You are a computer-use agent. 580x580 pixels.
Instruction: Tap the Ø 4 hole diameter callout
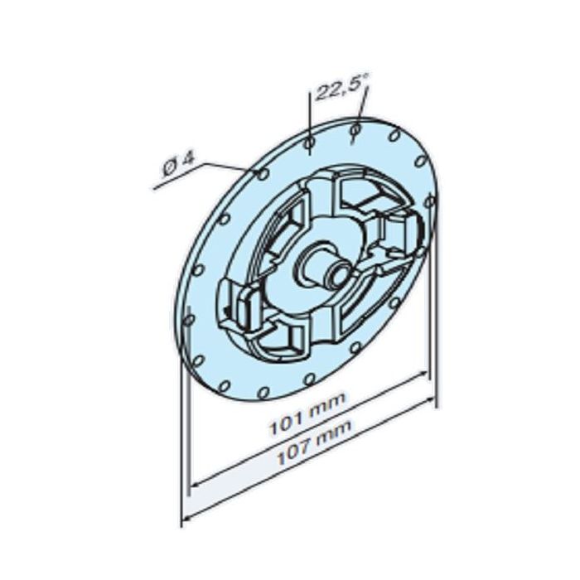[176, 165]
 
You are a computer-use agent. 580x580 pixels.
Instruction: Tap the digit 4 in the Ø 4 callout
[186, 159]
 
